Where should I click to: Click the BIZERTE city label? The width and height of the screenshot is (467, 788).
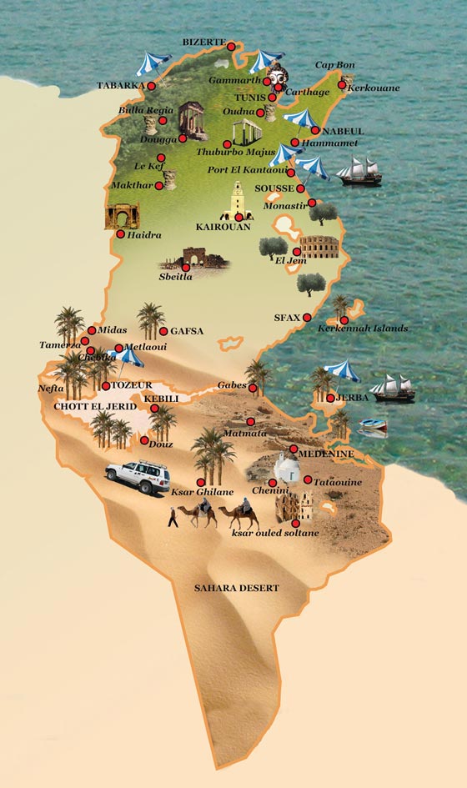203,41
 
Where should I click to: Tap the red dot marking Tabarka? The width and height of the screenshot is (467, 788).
151,85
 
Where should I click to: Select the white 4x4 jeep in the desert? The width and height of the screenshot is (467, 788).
138,476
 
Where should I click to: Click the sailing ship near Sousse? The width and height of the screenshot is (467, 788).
359,173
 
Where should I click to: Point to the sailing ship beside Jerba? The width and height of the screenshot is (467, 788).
393,389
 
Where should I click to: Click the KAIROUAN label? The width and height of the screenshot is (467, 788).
223,226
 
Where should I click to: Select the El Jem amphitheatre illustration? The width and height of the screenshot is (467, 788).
314,247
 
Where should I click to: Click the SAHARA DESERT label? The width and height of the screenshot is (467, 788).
236,588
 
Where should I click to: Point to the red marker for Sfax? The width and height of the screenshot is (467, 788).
307,318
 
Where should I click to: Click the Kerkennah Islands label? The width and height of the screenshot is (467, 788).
362,329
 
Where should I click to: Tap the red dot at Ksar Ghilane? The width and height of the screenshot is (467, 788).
200,482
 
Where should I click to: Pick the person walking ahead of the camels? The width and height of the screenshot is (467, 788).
172,517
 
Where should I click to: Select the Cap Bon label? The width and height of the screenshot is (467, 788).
334,65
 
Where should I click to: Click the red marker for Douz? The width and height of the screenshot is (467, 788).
145,440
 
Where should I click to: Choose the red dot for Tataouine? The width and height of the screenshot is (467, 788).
308,479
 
